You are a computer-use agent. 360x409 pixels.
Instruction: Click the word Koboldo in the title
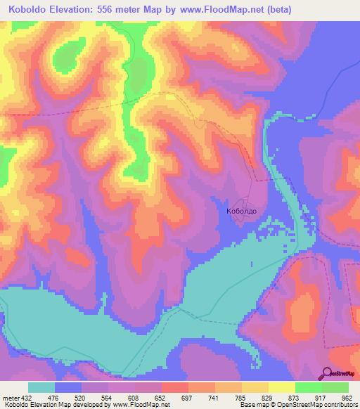click(x=29, y=10)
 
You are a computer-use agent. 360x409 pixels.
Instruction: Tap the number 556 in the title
click(x=115, y=10)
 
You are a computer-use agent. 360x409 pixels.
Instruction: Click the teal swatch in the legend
click(x=41, y=387)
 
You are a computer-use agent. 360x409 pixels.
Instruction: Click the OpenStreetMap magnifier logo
click(x=327, y=373)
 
